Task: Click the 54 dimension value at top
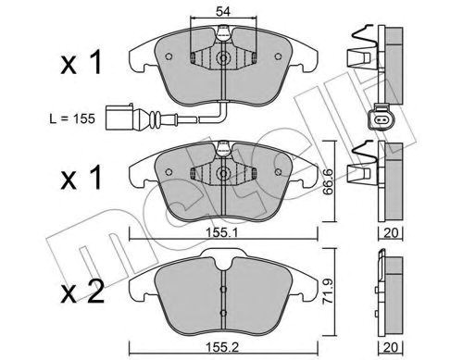(x=223, y=12)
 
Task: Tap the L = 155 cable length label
(x=72, y=118)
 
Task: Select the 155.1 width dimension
(x=222, y=233)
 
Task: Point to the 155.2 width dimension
(x=222, y=348)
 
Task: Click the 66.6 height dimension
(x=328, y=181)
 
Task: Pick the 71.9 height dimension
(x=328, y=292)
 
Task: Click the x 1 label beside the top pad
(x=81, y=63)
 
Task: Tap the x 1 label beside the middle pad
(x=81, y=177)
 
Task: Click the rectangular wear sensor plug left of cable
(x=119, y=118)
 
